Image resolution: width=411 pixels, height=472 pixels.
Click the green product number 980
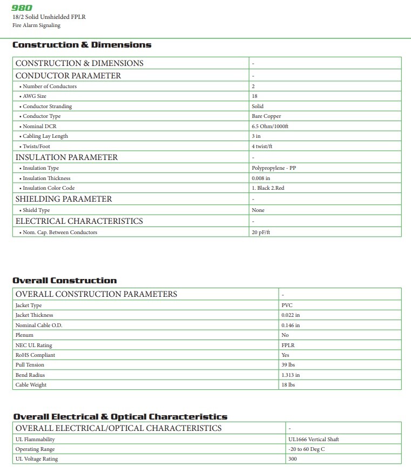click(22, 8)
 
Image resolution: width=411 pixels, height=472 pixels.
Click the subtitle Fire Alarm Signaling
click(36, 25)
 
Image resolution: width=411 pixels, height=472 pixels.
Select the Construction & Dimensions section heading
click(82, 45)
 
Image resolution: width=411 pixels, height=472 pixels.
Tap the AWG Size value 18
click(254, 96)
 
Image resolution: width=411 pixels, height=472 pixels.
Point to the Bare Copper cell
click(266, 116)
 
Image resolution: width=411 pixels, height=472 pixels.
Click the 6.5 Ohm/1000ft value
click(270, 126)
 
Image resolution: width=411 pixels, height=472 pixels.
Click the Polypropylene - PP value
click(274, 168)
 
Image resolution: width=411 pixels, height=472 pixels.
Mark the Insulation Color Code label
click(48, 188)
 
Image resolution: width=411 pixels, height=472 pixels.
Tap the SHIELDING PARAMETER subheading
click(64, 199)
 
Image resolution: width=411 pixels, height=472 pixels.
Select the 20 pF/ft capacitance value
click(260, 232)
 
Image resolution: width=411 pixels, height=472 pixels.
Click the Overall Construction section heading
click(64, 281)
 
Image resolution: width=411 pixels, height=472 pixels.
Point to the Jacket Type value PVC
click(287, 305)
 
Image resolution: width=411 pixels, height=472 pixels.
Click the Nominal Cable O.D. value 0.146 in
click(291, 325)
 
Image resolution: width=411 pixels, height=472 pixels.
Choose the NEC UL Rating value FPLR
click(288, 345)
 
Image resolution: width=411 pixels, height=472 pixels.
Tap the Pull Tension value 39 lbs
click(289, 365)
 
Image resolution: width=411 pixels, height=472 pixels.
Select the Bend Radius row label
click(30, 375)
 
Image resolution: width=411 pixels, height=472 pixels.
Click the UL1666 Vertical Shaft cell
click(314, 440)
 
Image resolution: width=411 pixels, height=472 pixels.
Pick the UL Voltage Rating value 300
click(293, 459)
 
